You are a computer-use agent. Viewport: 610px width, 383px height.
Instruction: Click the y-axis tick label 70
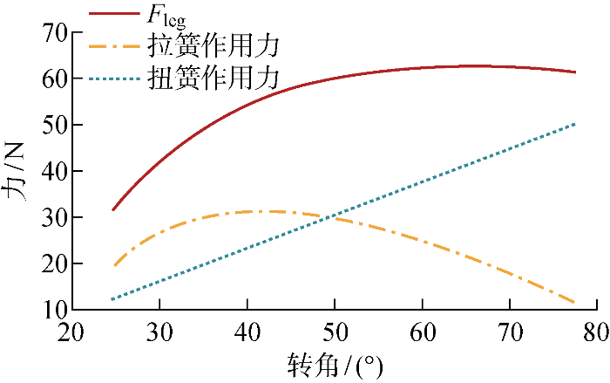(51, 34)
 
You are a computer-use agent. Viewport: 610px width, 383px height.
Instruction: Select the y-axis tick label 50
(51, 126)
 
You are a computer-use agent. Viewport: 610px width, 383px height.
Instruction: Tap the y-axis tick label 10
(51, 310)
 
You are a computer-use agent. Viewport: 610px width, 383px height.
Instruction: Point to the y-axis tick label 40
(51, 172)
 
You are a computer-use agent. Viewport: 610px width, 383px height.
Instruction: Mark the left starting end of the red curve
(113, 210)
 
